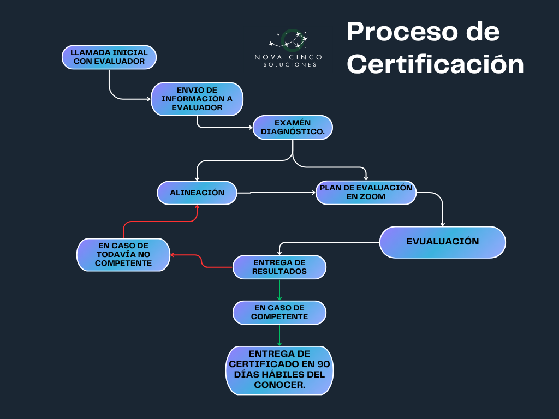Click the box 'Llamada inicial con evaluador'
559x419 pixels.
coord(109,57)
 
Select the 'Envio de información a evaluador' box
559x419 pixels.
coord(197,99)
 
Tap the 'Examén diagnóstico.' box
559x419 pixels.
coord(293,127)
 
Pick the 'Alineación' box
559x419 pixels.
coord(197,193)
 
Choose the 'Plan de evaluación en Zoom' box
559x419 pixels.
coord(366,193)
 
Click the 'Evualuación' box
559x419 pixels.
coord(442,242)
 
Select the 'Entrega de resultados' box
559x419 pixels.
coord(279,267)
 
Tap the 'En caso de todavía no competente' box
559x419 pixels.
coord(123,254)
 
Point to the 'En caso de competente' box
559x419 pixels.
coord(279,313)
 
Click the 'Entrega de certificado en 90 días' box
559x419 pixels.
coord(279,370)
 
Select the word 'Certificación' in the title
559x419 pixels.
coord(435,64)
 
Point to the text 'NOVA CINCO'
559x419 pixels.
coord(288,57)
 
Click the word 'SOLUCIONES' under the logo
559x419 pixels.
coord(289,65)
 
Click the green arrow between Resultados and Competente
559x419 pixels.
coord(279,290)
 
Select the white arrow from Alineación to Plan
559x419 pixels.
coord(276,193)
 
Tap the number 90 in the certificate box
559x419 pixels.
coord(324,364)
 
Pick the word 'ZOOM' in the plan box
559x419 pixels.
coord(373,197)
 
